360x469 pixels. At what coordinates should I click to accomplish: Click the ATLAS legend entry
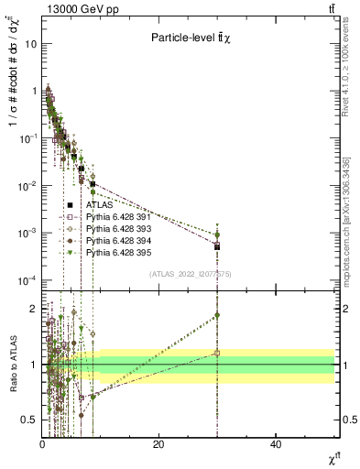point(98,205)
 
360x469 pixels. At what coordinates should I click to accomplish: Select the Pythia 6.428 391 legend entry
point(115,217)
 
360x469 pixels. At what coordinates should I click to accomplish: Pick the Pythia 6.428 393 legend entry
point(115,228)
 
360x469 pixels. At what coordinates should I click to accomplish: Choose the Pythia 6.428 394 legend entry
point(115,240)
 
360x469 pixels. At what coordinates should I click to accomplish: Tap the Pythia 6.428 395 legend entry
point(115,251)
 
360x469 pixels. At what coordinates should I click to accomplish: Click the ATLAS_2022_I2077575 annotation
point(191,274)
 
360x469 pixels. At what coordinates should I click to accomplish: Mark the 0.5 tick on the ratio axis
point(28,420)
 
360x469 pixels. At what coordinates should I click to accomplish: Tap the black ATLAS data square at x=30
point(217,246)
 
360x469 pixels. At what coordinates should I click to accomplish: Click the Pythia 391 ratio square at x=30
point(217,353)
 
